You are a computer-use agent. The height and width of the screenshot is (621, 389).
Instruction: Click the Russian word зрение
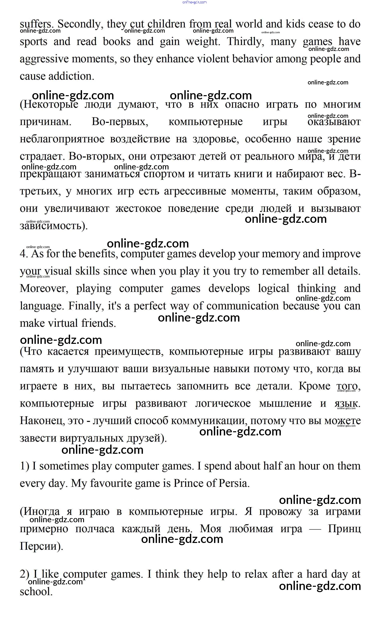344,139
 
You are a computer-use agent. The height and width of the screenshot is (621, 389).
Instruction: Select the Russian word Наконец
42,421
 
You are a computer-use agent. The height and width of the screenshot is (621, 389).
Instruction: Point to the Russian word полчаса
95,529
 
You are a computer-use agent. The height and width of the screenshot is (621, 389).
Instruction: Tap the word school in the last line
36,592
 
